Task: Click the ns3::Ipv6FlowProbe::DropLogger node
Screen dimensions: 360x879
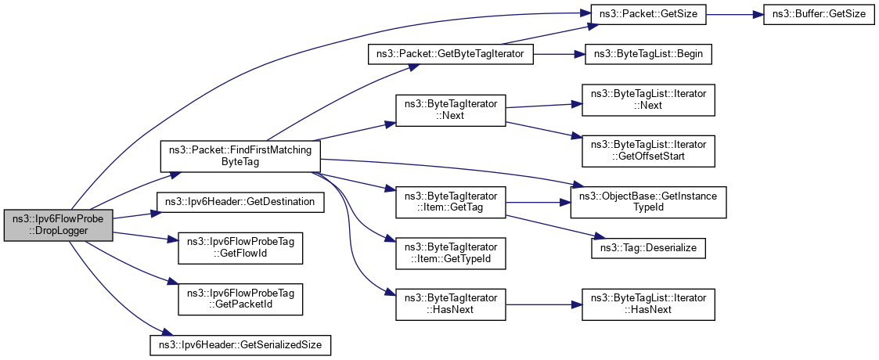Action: coord(59,225)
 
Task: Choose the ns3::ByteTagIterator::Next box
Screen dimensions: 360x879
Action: coord(451,110)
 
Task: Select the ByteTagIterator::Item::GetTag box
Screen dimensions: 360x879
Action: coord(451,200)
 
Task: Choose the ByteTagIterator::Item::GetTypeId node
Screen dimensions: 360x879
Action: coord(451,253)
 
